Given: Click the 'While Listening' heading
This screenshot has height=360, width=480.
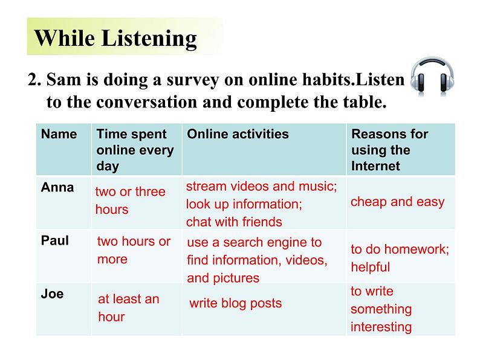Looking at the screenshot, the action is click(115, 38).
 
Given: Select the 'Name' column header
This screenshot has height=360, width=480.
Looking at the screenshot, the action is click(59, 134).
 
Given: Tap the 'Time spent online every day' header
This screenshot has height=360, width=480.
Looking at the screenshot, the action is click(135, 150).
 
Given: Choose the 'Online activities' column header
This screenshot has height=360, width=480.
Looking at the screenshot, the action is click(238, 134).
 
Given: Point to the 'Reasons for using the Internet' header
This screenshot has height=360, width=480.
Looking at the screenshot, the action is click(390, 150).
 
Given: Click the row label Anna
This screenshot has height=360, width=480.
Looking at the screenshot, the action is click(57, 187).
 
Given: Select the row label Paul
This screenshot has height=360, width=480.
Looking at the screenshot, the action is click(55, 240).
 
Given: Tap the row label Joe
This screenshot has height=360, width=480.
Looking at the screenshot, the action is click(53, 294).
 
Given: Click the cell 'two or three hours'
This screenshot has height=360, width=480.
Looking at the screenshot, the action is click(130, 201).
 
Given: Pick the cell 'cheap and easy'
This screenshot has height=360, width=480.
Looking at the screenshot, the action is click(397, 202).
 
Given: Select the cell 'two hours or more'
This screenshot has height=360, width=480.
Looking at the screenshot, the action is click(134, 250).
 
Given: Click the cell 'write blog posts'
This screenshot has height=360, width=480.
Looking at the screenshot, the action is click(235, 303).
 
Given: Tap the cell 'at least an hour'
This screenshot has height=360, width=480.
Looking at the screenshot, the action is click(129, 307).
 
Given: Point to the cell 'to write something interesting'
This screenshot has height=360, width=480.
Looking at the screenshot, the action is click(381, 309).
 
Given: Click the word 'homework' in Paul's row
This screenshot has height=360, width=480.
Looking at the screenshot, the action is click(415, 249).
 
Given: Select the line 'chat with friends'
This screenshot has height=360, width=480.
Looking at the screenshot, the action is click(234, 222).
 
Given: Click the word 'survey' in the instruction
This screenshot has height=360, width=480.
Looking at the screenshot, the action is click(192, 80).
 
